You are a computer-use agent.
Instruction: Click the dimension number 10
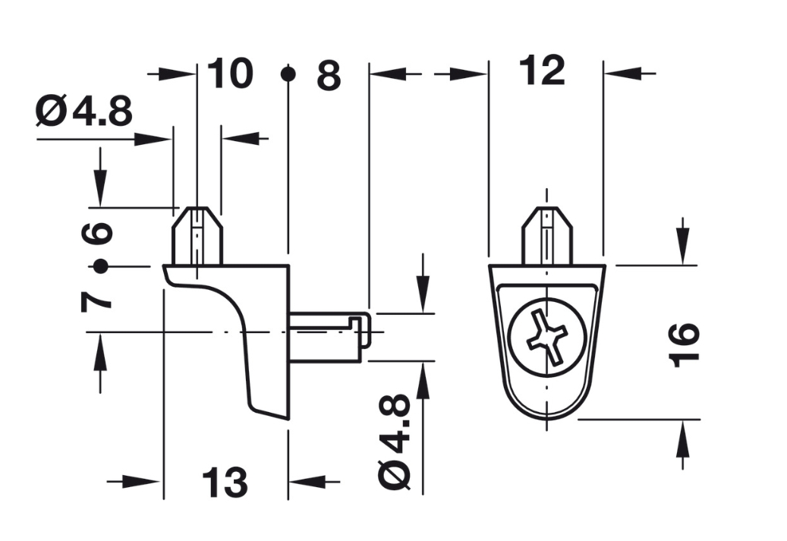pyautogui.click(x=228, y=74)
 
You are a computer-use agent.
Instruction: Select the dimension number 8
pyautogui.click(x=329, y=76)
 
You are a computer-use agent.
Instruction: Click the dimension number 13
pyautogui.click(x=224, y=483)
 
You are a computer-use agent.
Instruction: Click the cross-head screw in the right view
pyautogui.click(x=547, y=338)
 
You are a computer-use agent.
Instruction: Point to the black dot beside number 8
pyautogui.click(x=288, y=74)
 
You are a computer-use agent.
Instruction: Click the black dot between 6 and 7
pyautogui.click(x=98, y=266)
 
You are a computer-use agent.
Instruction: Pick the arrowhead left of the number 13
pyautogui.click(x=149, y=482)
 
